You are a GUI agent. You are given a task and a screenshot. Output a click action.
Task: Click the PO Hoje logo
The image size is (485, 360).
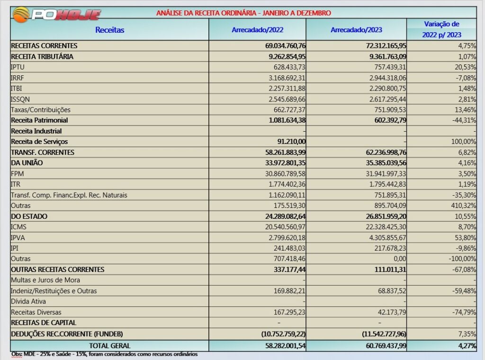click(x=57, y=14)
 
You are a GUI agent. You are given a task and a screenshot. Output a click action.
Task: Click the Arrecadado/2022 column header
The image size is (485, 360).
click(x=257, y=30)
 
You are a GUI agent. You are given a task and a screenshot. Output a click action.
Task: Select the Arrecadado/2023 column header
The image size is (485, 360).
click(x=356, y=30)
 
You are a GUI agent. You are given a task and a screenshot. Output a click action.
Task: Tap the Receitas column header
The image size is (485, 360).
click(x=109, y=30)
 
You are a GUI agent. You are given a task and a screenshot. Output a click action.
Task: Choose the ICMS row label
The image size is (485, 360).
click(x=19, y=227)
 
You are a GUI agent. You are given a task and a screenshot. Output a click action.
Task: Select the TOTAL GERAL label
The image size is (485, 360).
click(x=109, y=346)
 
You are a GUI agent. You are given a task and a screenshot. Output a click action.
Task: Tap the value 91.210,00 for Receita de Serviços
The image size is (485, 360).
click(x=289, y=142)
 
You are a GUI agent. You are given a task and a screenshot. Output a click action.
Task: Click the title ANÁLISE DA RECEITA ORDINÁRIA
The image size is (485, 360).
click(x=243, y=13)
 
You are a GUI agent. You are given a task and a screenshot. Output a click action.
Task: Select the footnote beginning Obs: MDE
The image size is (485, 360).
click(x=104, y=354)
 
